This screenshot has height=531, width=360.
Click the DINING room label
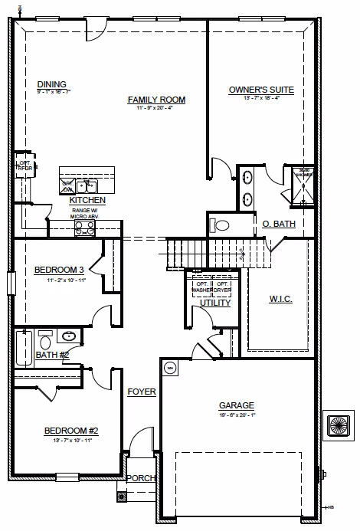(52, 84)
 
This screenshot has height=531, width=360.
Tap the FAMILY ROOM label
(156, 100)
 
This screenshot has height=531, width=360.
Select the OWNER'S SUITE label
(261, 90)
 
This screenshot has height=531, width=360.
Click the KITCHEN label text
(87, 200)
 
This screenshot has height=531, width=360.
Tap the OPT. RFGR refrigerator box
(25, 166)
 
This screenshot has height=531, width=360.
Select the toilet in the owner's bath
(220, 225)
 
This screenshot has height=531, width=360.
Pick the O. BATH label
(278, 224)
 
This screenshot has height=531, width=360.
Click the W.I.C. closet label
(281, 298)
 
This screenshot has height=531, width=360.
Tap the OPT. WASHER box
(201, 288)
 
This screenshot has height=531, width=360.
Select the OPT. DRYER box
(221, 288)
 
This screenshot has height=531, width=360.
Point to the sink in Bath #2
(68, 336)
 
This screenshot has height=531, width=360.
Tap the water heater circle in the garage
(169, 368)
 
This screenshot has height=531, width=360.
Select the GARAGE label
(236, 405)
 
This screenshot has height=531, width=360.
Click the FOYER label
(142, 392)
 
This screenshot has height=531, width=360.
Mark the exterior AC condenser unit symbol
(337, 424)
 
